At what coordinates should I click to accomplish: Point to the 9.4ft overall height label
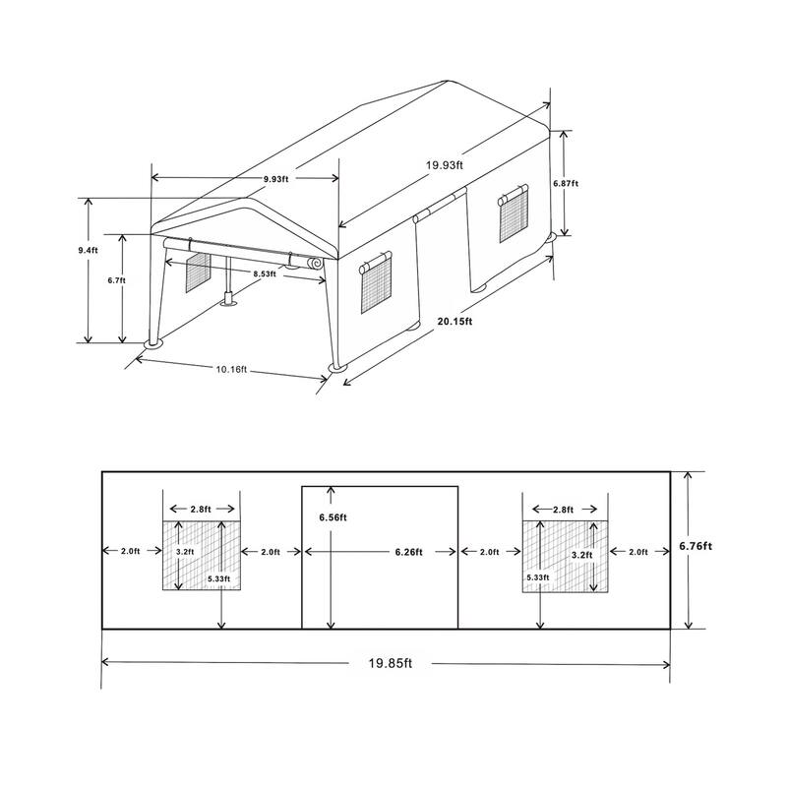[x=89, y=251]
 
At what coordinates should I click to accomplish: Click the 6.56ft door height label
[x=332, y=517]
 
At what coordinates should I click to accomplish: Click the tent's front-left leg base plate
[x=155, y=344]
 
